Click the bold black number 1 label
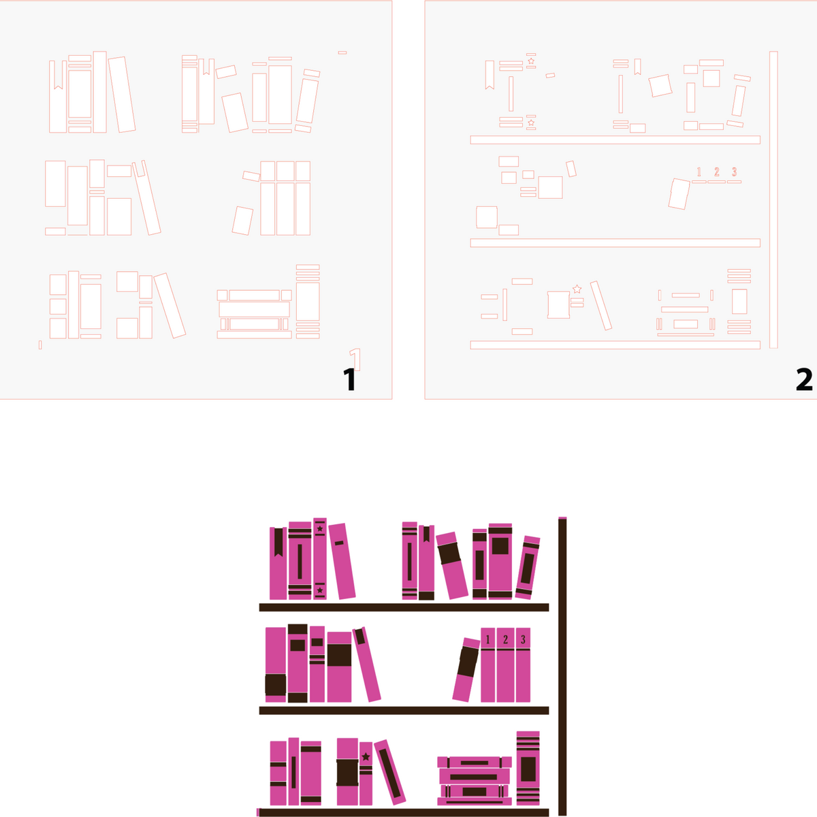350,380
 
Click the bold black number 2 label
804,380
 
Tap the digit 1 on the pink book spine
487,640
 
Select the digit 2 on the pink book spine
505,640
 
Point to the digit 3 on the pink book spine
523,640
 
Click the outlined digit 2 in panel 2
717,172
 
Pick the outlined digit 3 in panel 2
735,172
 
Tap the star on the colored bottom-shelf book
366,756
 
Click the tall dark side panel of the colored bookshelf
562,667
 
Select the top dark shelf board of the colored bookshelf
404,607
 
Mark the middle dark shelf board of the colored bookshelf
404,710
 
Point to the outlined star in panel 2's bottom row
577,289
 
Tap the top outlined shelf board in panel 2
615,140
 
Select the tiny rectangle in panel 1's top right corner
342,52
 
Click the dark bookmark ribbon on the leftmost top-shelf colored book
278,542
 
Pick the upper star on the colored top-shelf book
320,528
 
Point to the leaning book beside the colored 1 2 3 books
466,669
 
